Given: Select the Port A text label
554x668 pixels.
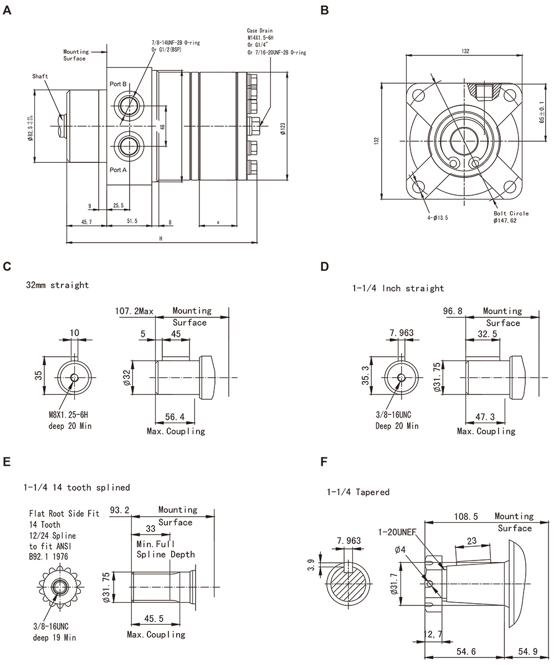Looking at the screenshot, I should tap(118, 169).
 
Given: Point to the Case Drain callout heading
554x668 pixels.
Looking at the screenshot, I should tap(260, 30).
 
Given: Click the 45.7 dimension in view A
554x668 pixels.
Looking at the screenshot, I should tap(86, 221).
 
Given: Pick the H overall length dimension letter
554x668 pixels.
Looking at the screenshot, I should tap(161, 238).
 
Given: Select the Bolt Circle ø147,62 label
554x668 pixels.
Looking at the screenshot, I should tap(511, 217).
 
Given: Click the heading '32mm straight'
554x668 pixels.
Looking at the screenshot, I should tap(57, 285).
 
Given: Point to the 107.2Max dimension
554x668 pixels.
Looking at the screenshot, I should tap(134, 311).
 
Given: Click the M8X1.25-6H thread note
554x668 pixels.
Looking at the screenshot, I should tap(69, 414).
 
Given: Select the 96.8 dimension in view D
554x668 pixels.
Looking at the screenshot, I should tap(453, 311).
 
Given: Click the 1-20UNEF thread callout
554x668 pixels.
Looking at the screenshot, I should tap(397, 532).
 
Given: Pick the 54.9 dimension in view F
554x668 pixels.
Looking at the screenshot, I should tap(527, 651).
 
